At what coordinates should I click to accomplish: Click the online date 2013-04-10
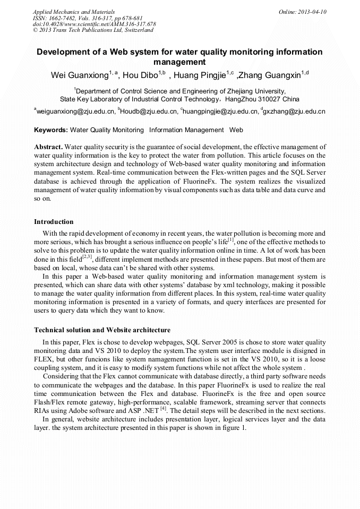312,11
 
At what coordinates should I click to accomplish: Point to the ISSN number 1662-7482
64,18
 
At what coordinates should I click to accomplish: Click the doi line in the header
95,24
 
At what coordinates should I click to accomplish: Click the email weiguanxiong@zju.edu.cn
75,111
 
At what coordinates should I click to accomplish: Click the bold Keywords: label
50,130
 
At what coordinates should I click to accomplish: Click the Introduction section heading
54,221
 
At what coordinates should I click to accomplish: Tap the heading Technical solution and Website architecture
102,330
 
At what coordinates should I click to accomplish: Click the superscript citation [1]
231,239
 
